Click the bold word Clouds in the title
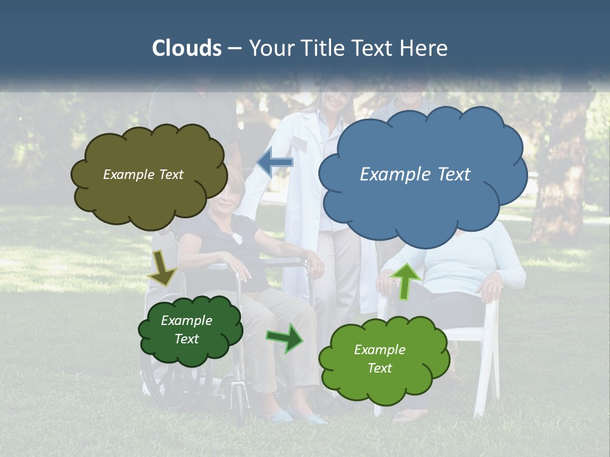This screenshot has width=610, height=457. coord(187,48)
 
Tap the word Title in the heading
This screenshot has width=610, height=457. coord(323,48)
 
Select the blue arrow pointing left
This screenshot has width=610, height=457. coord(275,162)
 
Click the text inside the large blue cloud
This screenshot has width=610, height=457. coord(415,175)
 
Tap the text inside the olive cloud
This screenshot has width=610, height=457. coord(143,175)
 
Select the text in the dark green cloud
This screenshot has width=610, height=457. coord(186,329)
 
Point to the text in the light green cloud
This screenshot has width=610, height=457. coord(379,359)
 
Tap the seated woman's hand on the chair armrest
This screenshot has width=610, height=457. coord(491,289)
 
